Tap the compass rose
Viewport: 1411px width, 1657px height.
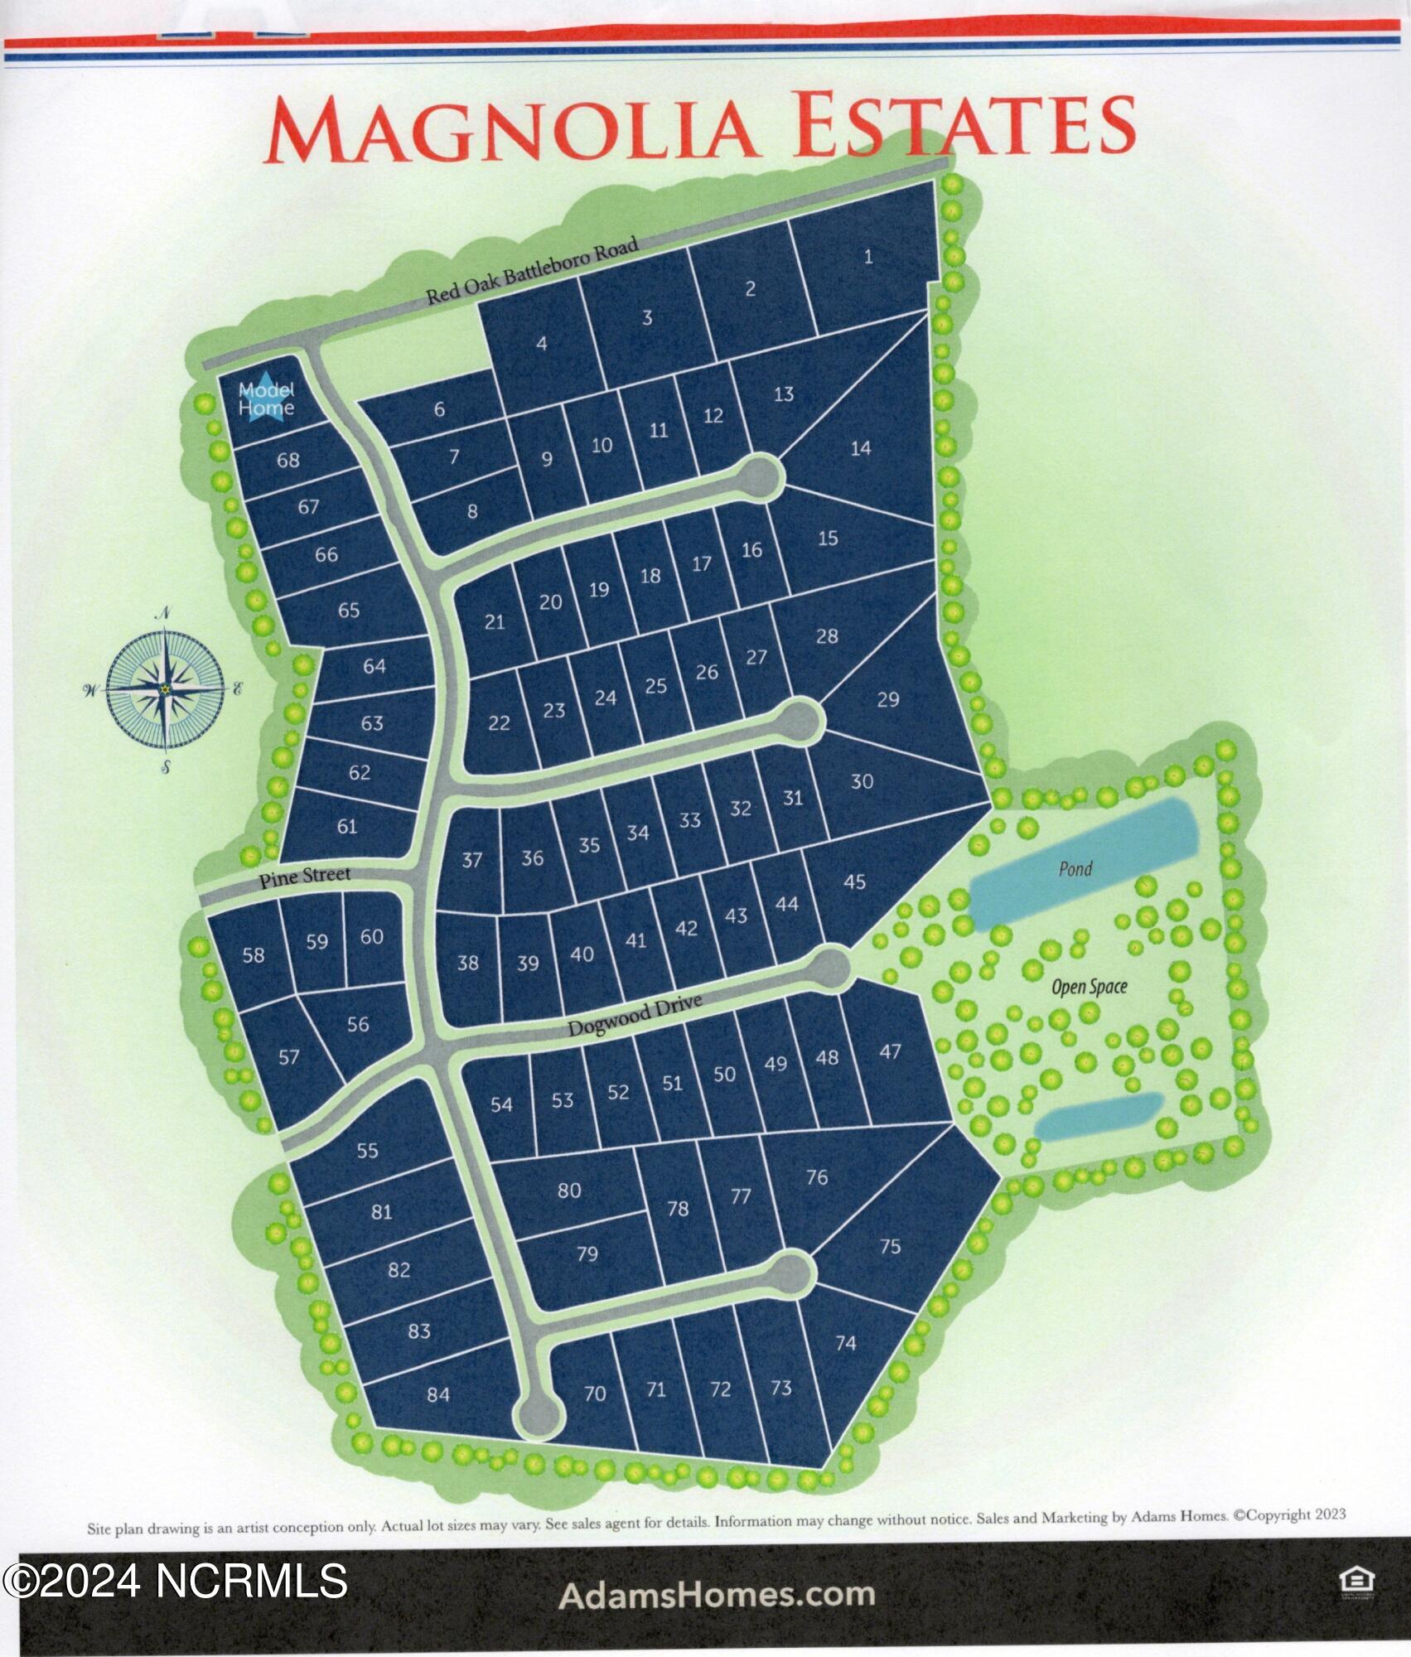pyautogui.click(x=165, y=689)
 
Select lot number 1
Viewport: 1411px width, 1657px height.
pyautogui.click(x=867, y=257)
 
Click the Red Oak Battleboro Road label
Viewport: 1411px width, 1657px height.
pyautogui.click(x=533, y=272)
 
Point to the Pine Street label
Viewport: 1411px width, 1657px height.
pyautogui.click(x=304, y=876)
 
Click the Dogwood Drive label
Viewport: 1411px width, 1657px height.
pyautogui.click(x=635, y=1016)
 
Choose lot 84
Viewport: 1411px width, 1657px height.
pyautogui.click(x=437, y=1394)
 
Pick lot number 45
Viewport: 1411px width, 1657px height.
pyautogui.click(x=854, y=882)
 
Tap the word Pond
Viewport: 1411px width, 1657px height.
pyautogui.click(x=1075, y=868)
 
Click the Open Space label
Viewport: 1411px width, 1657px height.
pyautogui.click(x=1089, y=987)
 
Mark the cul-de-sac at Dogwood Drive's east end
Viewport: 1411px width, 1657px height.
pyautogui.click(x=829, y=968)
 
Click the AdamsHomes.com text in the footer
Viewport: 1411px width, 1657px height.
pyautogui.click(x=717, y=1594)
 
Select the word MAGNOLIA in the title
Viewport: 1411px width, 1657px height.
pyautogui.click(x=510, y=128)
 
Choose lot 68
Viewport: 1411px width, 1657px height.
pyautogui.click(x=288, y=460)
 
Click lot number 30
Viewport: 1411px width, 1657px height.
pyautogui.click(x=862, y=781)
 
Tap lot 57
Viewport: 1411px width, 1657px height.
pyautogui.click(x=288, y=1057)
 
